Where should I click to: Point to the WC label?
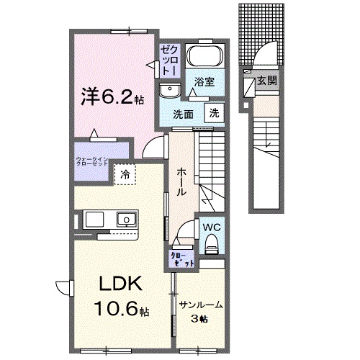[210, 228]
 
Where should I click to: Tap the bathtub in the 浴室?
[207, 57]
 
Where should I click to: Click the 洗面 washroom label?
[184, 114]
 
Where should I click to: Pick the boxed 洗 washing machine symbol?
[215, 112]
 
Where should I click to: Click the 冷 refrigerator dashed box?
[125, 174]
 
